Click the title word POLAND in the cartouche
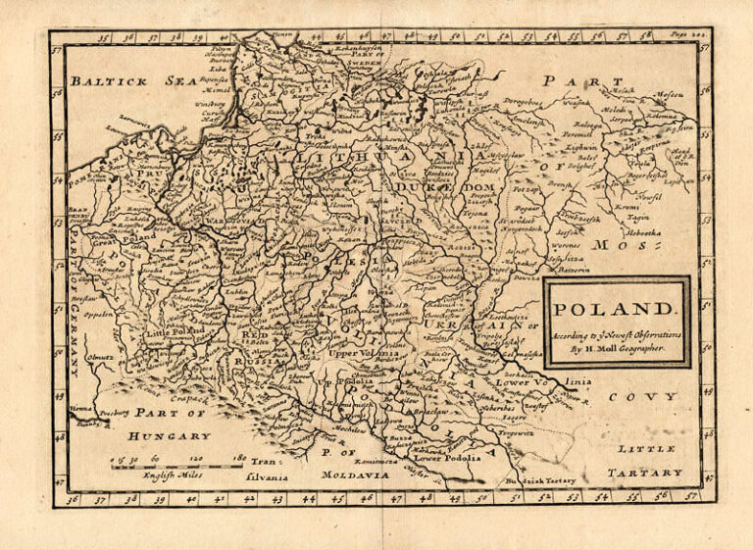(613, 309)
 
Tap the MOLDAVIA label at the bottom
(355, 475)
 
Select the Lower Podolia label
(448, 457)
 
